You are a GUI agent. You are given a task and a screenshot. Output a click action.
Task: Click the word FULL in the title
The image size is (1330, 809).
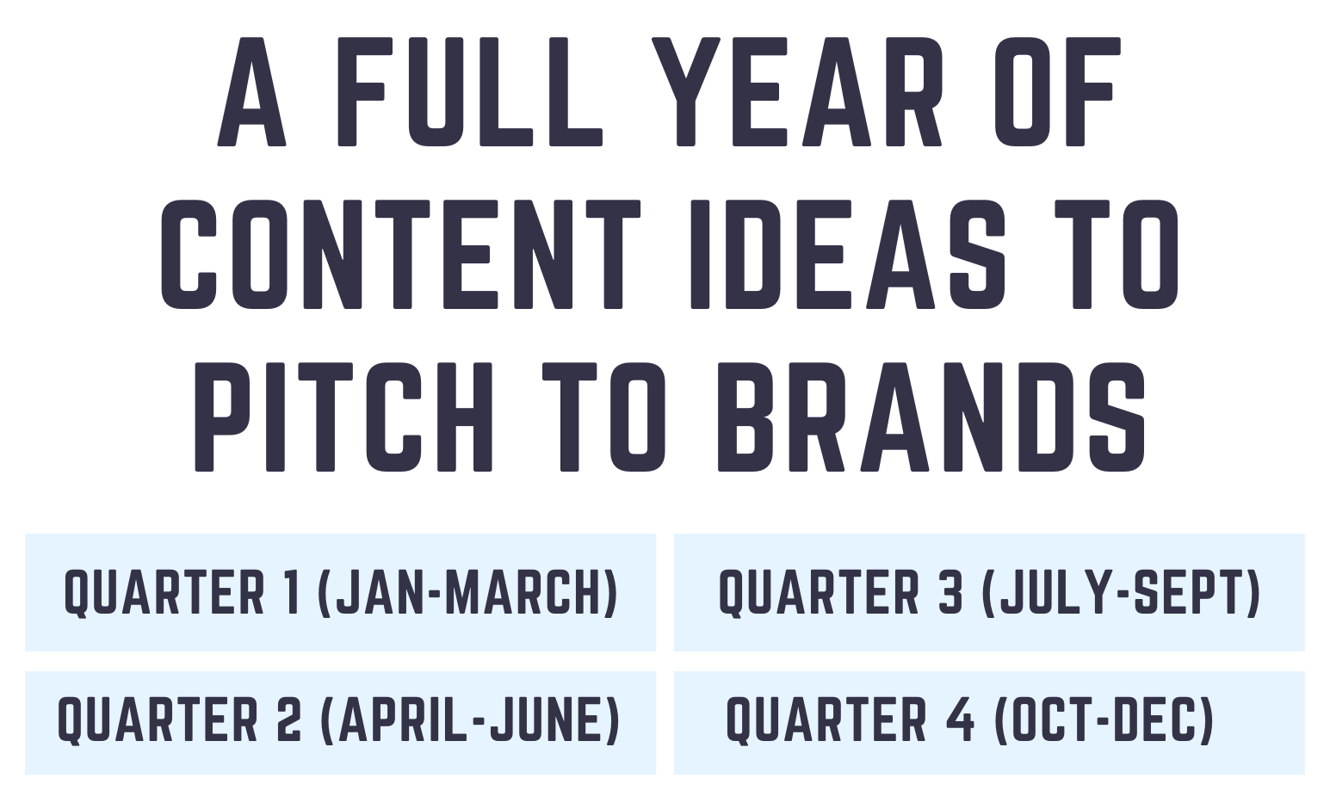click(x=469, y=92)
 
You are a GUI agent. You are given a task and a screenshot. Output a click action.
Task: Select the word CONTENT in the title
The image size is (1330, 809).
click(x=400, y=254)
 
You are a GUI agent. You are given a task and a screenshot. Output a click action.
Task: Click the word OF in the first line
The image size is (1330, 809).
click(x=1057, y=92)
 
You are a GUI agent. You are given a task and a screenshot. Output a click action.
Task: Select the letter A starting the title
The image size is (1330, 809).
click(x=251, y=92)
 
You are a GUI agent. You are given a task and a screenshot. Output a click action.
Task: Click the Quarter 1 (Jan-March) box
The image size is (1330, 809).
click(x=340, y=592)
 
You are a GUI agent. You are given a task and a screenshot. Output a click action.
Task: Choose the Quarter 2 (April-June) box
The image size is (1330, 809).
click(x=340, y=723)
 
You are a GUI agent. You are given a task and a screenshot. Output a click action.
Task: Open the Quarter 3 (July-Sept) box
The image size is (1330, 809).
click(x=989, y=592)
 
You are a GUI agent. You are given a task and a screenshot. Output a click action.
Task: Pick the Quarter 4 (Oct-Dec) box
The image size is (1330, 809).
click(x=989, y=723)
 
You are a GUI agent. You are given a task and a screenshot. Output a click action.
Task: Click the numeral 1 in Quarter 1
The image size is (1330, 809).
click(x=292, y=591)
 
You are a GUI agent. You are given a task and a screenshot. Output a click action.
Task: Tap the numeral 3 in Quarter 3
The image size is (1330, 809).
click(x=951, y=591)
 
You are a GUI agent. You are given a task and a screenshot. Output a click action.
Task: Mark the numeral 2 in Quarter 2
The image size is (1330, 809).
click(x=291, y=719)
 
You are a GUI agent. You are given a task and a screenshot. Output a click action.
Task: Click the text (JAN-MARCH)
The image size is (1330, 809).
click(x=467, y=592)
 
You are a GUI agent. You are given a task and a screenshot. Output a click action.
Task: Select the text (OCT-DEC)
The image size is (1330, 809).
click(x=1104, y=719)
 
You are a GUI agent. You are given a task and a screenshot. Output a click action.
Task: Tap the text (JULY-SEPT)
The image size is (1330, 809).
click(x=1123, y=592)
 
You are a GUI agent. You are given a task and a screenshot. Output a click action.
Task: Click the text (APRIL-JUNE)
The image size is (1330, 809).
click(x=469, y=719)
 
